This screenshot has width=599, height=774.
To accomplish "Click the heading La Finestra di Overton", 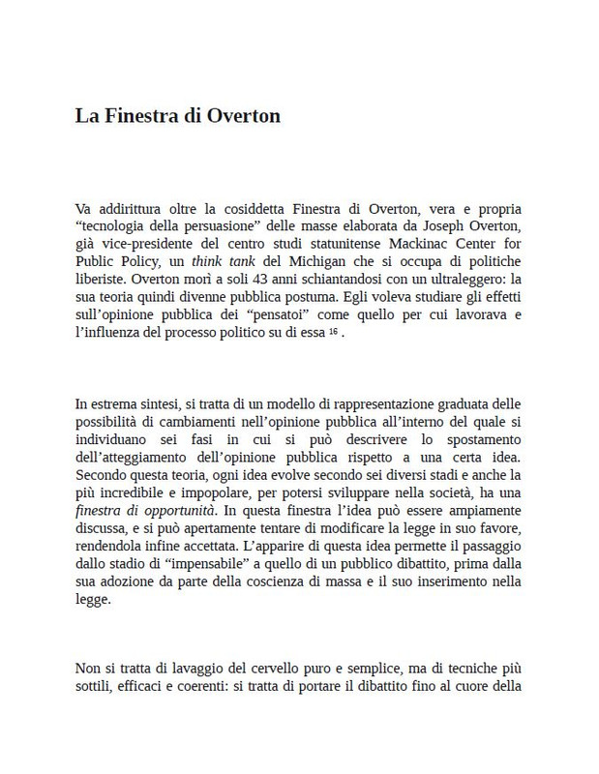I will click(x=178, y=116).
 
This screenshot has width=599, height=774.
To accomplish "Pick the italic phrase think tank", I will click(x=214, y=261).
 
